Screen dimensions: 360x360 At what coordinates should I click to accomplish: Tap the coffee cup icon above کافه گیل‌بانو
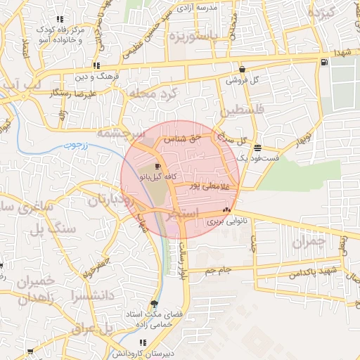pyautogui.click(x=157, y=166)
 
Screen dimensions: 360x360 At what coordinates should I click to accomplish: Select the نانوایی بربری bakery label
pyautogui.click(x=224, y=221)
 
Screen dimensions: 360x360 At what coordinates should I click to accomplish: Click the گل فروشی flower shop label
pyautogui.click(x=243, y=80)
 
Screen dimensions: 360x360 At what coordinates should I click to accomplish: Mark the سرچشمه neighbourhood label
pyautogui.click(x=120, y=131)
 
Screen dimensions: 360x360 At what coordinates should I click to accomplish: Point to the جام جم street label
pyautogui.click(x=219, y=270)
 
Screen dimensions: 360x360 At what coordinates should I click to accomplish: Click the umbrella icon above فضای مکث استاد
pyautogui.click(x=155, y=304)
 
